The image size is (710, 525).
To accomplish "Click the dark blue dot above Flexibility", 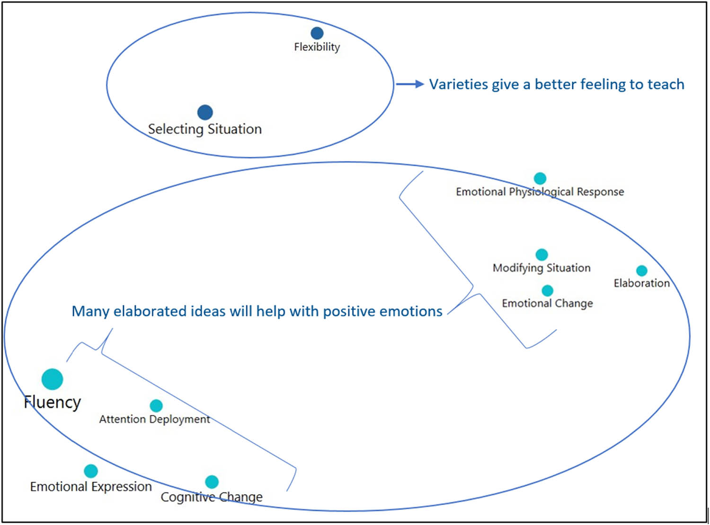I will tap(317, 33).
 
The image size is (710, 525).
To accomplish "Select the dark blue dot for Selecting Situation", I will tap(205, 112).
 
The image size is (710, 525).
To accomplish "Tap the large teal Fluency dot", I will tap(52, 379).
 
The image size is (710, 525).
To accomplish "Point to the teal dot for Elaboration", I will tap(642, 271).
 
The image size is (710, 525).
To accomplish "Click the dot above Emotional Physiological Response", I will tap(540, 178).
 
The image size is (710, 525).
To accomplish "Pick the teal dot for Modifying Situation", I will tap(542, 254).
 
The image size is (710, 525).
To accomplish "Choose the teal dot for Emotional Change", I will tap(548, 290).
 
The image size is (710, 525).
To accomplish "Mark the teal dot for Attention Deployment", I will tap(156, 405).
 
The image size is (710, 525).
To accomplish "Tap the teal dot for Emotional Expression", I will tap(91, 471).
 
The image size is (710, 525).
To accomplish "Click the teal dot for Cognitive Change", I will tap(212, 481).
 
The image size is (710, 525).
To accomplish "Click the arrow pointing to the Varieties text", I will tap(410, 84).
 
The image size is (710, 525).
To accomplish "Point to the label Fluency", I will tap(53, 402).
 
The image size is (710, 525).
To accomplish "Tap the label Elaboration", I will tap(642, 283).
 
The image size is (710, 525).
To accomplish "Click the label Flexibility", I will tap(317, 47).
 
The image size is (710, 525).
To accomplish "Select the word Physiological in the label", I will tap(540, 192).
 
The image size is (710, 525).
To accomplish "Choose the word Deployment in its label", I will tap(180, 419).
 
